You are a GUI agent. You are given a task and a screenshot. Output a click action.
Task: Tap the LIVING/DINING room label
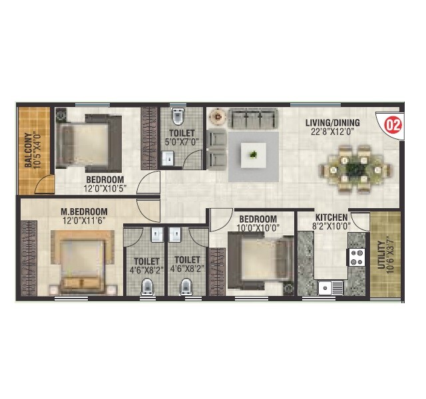[332, 122]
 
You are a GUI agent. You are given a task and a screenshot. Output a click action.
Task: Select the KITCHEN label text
[331, 217]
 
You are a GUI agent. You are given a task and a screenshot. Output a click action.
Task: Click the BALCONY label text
[29, 150]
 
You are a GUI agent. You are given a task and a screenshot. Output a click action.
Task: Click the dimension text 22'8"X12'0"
[332, 132]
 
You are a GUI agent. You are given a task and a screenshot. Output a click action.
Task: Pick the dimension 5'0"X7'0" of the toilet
[177, 142]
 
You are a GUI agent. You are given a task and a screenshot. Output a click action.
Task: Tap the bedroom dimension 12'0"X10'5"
[105, 189]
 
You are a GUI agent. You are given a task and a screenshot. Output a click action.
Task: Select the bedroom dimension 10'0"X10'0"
[258, 228]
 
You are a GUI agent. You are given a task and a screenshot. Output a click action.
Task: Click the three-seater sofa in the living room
[254, 120]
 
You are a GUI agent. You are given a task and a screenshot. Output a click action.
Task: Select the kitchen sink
[327, 287]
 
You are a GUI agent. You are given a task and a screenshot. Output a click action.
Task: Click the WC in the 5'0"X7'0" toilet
[176, 118]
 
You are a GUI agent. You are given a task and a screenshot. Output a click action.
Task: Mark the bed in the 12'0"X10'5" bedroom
[87, 140]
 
